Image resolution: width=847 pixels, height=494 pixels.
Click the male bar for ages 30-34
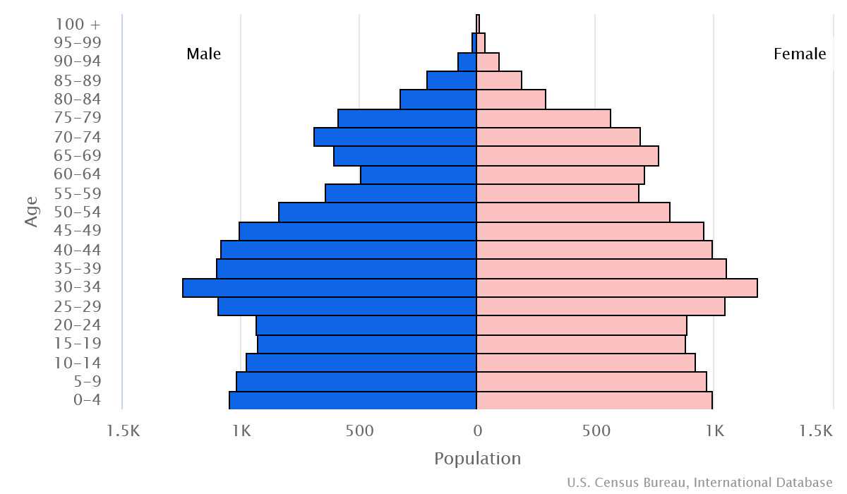pyautogui.click(x=330, y=288)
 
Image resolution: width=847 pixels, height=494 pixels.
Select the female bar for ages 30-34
pyautogui.click(x=617, y=288)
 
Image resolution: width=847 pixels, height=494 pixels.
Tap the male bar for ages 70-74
pyautogui.click(x=395, y=137)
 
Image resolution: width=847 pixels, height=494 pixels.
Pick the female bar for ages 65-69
pyautogui.click(x=567, y=156)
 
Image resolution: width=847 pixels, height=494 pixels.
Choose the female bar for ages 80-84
pyautogui.click(x=511, y=100)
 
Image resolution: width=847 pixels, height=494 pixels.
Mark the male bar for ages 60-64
pyautogui.click(x=419, y=175)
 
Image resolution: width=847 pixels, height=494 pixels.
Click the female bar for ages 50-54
pyautogui.click(x=573, y=212)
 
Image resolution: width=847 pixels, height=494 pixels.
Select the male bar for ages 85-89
pyautogui.click(x=452, y=80)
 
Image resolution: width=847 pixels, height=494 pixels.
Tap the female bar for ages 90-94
pyautogui.click(x=488, y=62)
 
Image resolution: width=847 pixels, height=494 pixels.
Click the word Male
pyautogui.click(x=204, y=54)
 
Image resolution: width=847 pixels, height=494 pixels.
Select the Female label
pyautogui.click(x=800, y=54)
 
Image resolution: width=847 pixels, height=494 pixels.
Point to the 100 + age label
pyautogui.click(x=78, y=24)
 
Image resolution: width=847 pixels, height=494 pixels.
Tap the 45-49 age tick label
pyautogui.click(x=78, y=231)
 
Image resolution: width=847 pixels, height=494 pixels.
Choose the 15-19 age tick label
pyautogui.click(x=78, y=344)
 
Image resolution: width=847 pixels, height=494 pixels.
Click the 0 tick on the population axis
pyautogui.click(x=477, y=430)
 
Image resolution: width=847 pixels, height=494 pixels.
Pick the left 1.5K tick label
pyautogui.click(x=124, y=430)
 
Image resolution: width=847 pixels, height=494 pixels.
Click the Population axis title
pyautogui.click(x=477, y=459)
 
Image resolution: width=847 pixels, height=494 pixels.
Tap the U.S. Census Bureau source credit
pyautogui.click(x=699, y=483)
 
